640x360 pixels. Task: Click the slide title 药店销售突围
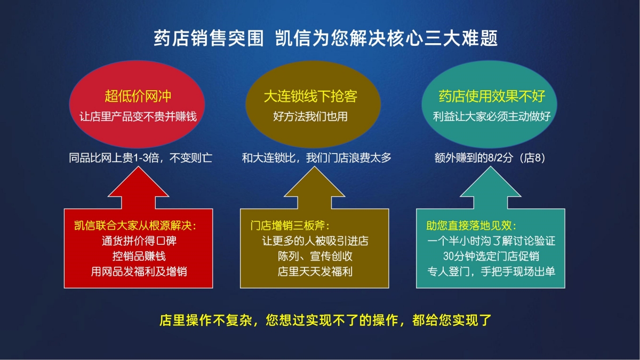(x=209, y=38)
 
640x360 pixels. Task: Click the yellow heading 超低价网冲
(x=138, y=96)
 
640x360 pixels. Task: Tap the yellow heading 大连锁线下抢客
(x=310, y=96)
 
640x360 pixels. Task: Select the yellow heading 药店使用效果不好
(x=492, y=96)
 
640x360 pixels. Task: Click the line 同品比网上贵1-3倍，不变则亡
(x=141, y=158)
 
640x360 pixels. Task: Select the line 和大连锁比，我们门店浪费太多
(x=317, y=158)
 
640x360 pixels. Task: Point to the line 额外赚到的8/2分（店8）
(x=490, y=158)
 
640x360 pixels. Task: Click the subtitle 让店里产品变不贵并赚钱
(x=138, y=117)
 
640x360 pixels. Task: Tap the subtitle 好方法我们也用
(x=310, y=117)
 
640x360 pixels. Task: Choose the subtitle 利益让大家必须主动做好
(x=492, y=117)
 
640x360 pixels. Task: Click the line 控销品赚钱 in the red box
(x=139, y=256)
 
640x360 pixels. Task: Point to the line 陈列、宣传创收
(x=315, y=256)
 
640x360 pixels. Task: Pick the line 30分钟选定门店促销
(x=491, y=256)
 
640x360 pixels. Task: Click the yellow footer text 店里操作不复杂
(x=206, y=321)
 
